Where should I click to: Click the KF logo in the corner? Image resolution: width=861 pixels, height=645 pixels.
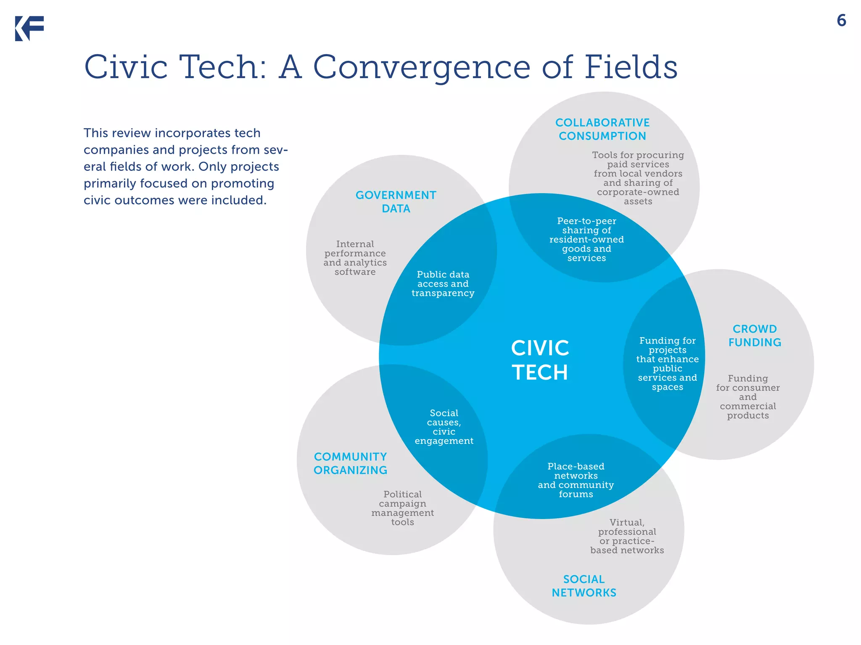[x=29, y=29]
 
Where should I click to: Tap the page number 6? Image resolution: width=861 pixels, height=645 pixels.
[x=841, y=21]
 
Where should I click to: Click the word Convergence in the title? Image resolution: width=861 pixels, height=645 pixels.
[x=421, y=67]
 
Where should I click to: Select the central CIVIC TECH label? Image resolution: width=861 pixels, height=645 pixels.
[x=540, y=360]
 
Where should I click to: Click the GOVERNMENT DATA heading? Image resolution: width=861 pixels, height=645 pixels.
[x=396, y=202]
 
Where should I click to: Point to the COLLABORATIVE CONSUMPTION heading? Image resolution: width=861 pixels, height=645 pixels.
[x=602, y=129]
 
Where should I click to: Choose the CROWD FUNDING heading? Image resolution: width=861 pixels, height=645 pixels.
[x=755, y=336]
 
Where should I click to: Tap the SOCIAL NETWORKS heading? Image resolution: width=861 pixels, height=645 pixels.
[x=584, y=586]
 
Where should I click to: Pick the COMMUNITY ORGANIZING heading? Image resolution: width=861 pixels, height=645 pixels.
[x=350, y=464]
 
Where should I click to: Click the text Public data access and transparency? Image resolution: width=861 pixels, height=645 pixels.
[x=443, y=284]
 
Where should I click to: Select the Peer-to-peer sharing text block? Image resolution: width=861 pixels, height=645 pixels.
[x=586, y=239]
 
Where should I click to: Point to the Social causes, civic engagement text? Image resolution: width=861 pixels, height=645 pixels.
[x=444, y=427]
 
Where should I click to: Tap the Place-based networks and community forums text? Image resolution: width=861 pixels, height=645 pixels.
[x=576, y=480]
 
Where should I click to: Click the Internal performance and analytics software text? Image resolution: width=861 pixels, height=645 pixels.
[x=355, y=258]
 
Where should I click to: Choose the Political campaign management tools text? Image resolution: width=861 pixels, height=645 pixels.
[x=402, y=508]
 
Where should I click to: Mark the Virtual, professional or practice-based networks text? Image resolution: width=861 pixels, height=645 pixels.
[x=627, y=536]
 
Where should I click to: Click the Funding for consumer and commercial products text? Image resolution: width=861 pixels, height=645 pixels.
[x=748, y=397]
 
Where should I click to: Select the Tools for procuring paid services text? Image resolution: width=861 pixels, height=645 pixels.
[x=638, y=178]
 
